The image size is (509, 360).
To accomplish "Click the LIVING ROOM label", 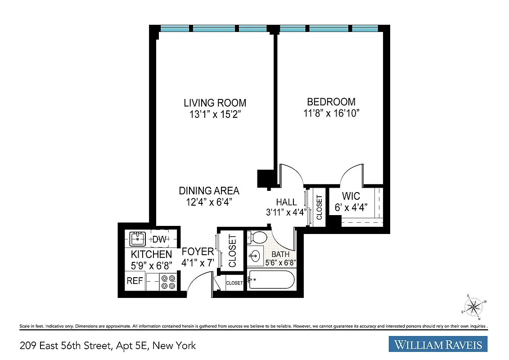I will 215,103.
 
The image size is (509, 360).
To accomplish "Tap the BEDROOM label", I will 331,102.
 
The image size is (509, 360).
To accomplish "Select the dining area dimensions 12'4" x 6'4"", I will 209,202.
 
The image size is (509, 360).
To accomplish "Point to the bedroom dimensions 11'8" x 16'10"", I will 331,113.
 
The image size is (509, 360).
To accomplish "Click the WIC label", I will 351,197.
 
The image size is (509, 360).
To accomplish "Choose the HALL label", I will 286,202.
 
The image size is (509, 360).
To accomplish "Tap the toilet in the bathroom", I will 258,237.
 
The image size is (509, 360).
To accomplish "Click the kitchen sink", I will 136,238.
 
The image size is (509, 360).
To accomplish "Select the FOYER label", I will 198,252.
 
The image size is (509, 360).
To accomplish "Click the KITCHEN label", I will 151,255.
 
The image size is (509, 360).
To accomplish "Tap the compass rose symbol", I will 473,307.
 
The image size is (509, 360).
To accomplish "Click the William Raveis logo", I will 438,345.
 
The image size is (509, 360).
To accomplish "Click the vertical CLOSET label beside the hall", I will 320,207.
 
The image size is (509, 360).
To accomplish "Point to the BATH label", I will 280,254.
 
